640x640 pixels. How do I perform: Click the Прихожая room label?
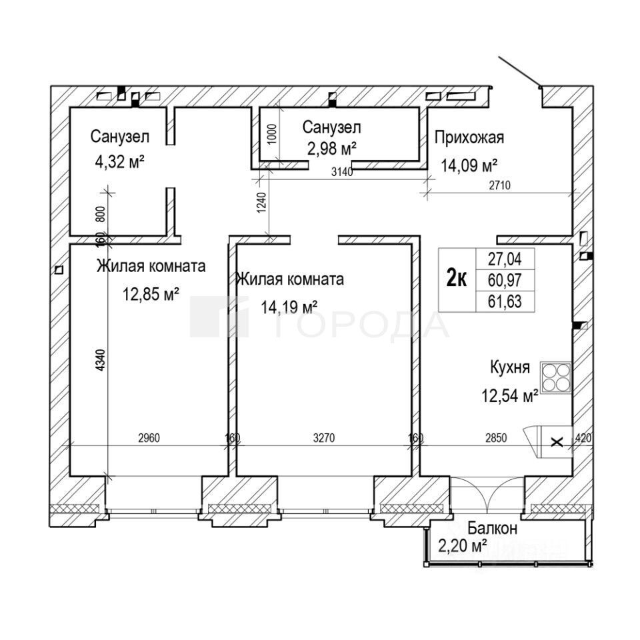click(x=469, y=138)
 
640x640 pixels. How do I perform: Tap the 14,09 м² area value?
click(x=470, y=165)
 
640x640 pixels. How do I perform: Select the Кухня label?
click(x=510, y=367)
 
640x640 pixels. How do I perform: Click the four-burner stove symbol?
click(x=556, y=378)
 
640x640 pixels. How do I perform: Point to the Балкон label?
click(x=492, y=529)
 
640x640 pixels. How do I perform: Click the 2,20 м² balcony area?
click(x=462, y=547)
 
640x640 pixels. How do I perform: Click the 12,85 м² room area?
click(x=151, y=293)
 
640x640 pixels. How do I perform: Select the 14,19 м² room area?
click(x=289, y=307)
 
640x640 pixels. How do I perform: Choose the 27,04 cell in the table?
click(x=505, y=258)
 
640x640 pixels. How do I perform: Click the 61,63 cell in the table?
click(x=505, y=302)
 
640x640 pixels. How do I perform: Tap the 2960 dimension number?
click(x=149, y=438)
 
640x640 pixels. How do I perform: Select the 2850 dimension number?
click(x=495, y=438)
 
